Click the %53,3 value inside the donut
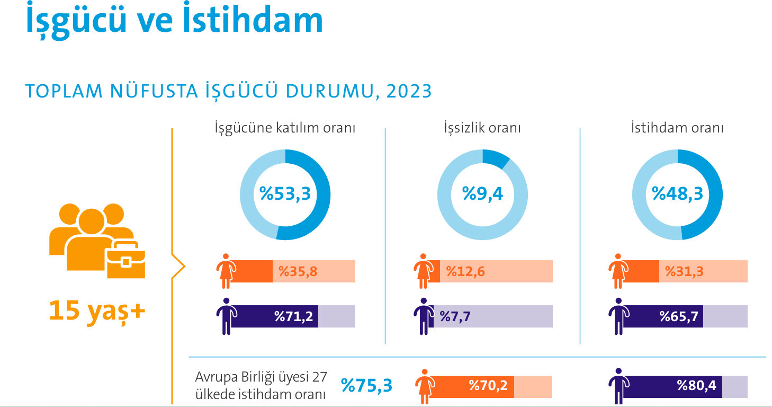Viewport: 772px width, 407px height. pyautogui.click(x=285, y=194)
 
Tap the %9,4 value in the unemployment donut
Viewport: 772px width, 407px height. pyautogui.click(x=482, y=194)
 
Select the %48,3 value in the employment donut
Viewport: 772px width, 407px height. pyautogui.click(x=677, y=194)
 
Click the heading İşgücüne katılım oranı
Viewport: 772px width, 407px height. pyautogui.click(x=285, y=128)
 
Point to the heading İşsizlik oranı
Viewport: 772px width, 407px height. pyautogui.click(x=482, y=128)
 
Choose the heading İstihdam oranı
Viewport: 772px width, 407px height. pyautogui.click(x=677, y=128)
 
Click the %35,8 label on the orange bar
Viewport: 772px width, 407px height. pyautogui.click(x=298, y=272)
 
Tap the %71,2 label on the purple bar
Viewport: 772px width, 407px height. pyautogui.click(x=293, y=317)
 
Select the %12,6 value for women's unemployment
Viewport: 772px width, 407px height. pyautogui.click(x=465, y=272)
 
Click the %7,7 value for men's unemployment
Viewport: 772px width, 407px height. pyautogui.click(x=455, y=317)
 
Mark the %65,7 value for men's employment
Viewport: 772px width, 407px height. pyautogui.click(x=679, y=317)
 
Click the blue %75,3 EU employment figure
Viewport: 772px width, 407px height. pyautogui.click(x=367, y=385)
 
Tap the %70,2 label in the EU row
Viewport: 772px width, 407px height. pyautogui.click(x=488, y=386)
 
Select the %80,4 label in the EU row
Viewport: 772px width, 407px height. pyautogui.click(x=696, y=386)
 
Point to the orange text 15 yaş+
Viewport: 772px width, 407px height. pyautogui.click(x=97, y=311)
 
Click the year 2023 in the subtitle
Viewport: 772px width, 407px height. pyautogui.click(x=409, y=92)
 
